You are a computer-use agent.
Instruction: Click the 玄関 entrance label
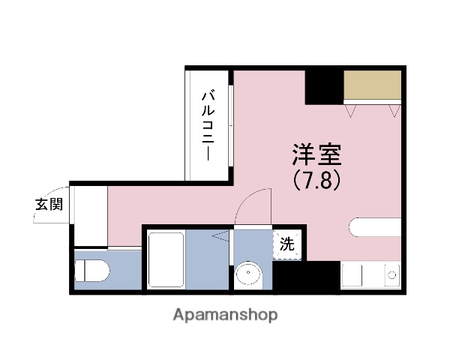pyautogui.click(x=48, y=203)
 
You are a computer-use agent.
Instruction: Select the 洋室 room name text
pyautogui.click(x=316, y=154)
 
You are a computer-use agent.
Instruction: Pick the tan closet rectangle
pyautogui.click(x=373, y=87)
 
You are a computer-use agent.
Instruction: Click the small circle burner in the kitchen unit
pyautogui.click(x=391, y=276)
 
